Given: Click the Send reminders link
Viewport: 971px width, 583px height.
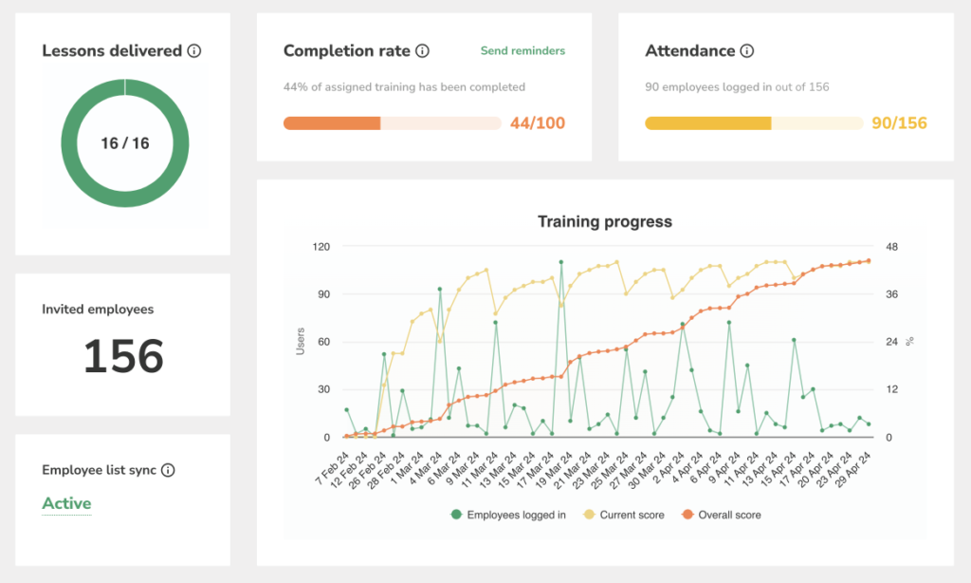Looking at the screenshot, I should pyautogui.click(x=522, y=51).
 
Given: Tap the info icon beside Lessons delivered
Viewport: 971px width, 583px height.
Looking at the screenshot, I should pyautogui.click(x=194, y=51).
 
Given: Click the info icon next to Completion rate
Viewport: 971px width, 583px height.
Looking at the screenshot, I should pyautogui.click(x=423, y=51).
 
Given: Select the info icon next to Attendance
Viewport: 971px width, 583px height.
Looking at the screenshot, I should pyautogui.click(x=747, y=51).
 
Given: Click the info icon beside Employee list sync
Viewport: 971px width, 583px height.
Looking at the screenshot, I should pyautogui.click(x=168, y=470).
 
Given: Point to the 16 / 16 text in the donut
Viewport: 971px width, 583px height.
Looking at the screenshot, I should pyautogui.click(x=125, y=143).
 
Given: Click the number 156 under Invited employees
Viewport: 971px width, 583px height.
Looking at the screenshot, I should pyautogui.click(x=123, y=357).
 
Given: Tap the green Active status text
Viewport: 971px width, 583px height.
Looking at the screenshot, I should pyautogui.click(x=66, y=503).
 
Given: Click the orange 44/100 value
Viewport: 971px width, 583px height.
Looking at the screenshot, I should pyautogui.click(x=538, y=123).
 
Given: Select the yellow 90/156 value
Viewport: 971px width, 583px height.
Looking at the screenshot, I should pyautogui.click(x=899, y=123).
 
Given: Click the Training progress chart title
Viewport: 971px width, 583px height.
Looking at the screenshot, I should pyautogui.click(x=605, y=222).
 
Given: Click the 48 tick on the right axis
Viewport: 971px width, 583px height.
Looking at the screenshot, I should pyautogui.click(x=891, y=247).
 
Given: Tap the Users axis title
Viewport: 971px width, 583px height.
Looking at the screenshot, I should pyautogui.click(x=301, y=342).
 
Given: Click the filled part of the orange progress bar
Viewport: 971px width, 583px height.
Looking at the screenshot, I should pyautogui.click(x=332, y=123).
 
